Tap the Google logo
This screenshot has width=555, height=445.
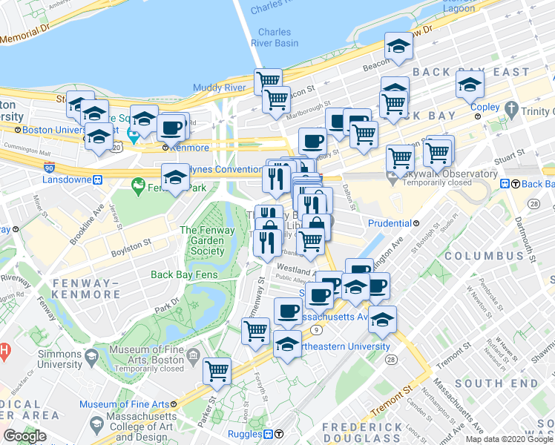24,436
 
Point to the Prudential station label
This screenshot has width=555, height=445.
390,223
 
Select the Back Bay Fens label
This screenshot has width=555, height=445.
183,274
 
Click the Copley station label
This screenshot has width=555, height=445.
485,108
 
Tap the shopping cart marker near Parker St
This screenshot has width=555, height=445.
217,371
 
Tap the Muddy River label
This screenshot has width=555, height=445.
219,88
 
